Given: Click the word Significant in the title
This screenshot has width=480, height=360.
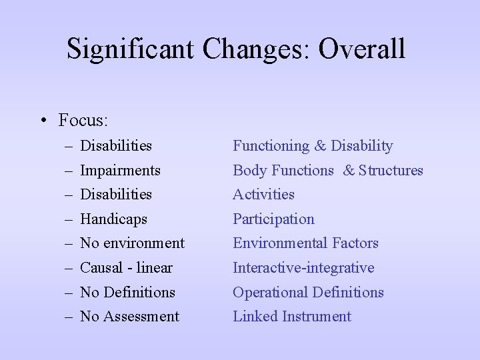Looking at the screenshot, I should [x=131, y=49].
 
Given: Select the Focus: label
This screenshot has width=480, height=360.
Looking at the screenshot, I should [x=83, y=121].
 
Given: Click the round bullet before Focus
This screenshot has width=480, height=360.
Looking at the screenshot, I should [x=42, y=121].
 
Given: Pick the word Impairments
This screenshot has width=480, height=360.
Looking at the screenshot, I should [x=120, y=170].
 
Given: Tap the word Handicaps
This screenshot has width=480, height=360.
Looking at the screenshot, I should [x=113, y=219].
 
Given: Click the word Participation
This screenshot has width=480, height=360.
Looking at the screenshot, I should [x=273, y=219].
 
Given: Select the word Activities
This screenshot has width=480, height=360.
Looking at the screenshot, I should [x=263, y=195].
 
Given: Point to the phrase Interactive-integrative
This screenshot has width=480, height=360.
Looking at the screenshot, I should [x=303, y=268].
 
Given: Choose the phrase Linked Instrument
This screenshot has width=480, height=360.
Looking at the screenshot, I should [x=291, y=317].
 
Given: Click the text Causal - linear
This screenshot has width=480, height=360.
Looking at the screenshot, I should [x=126, y=268].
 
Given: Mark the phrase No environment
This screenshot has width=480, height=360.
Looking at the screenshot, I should [x=132, y=243].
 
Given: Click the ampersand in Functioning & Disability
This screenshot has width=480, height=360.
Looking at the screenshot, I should [x=320, y=146].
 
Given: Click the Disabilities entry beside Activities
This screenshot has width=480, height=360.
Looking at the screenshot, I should [x=116, y=195].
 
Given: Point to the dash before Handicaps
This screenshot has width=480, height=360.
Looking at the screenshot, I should [x=69, y=219].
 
